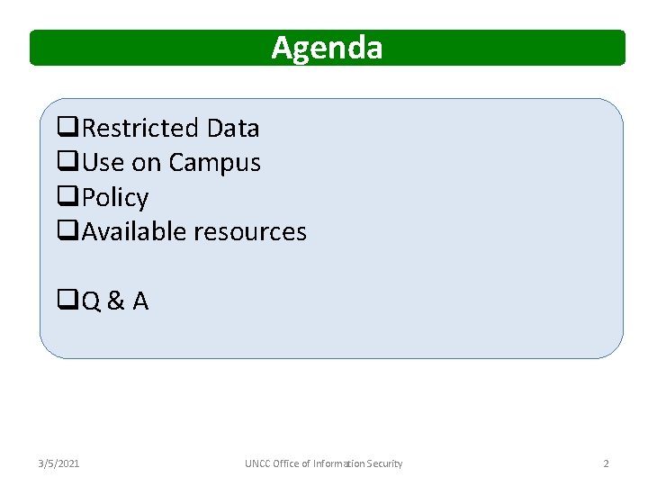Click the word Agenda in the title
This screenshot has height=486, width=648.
(x=327, y=47)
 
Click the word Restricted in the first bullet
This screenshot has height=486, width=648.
(x=140, y=129)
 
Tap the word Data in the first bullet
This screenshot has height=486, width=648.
(x=232, y=129)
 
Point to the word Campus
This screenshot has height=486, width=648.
(x=214, y=164)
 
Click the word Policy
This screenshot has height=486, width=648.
(x=115, y=198)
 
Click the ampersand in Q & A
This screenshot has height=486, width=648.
(x=115, y=301)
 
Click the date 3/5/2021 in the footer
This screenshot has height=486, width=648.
(x=58, y=463)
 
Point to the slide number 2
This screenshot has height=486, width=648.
(x=606, y=463)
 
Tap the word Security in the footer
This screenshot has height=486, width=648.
(x=383, y=463)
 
